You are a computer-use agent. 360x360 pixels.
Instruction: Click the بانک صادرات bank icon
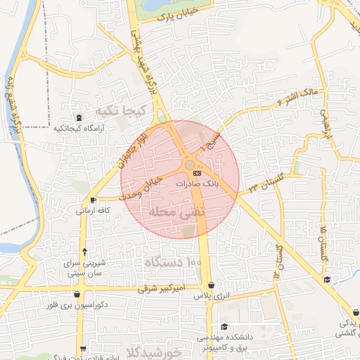point(197,172)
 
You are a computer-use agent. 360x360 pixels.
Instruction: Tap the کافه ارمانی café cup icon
point(94,200)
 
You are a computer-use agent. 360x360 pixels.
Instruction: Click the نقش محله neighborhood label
point(176,212)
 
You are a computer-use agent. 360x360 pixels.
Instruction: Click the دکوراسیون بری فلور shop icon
point(86,294)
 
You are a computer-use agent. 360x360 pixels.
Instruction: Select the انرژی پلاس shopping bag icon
point(212,285)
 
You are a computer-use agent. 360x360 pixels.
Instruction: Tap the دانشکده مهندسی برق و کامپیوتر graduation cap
point(224,326)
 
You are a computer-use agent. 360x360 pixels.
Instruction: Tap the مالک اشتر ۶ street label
point(299,94)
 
